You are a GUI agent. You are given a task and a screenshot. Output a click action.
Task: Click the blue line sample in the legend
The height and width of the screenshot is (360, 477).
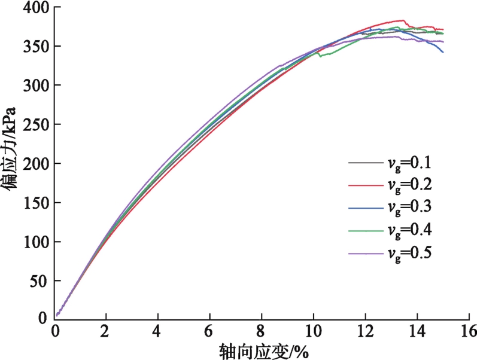click(x=364, y=208)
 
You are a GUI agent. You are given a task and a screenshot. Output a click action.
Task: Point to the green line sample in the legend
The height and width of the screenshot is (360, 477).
click(x=364, y=231)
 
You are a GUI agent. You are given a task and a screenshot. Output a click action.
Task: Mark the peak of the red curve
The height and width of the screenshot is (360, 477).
click(x=402, y=20)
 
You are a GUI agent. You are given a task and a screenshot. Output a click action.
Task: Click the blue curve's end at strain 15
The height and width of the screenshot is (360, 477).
click(x=443, y=53)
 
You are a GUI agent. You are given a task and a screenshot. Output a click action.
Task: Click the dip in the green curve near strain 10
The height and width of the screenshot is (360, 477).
click(x=320, y=56)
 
